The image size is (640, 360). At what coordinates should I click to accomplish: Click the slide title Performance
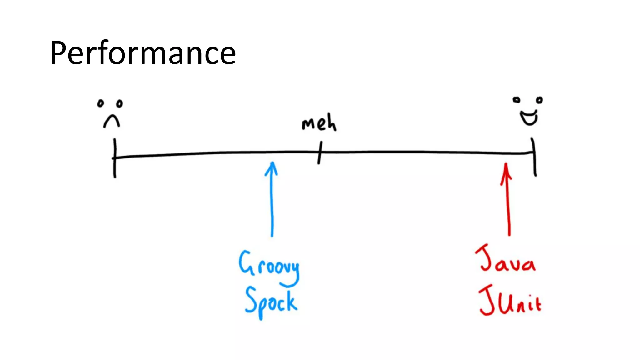click(x=143, y=53)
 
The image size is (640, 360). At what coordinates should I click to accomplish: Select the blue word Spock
click(x=271, y=302)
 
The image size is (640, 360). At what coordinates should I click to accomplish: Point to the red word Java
click(x=506, y=259)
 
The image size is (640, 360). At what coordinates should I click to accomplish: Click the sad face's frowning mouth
click(x=112, y=121)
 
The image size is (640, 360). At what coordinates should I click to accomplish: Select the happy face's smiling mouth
click(x=529, y=118)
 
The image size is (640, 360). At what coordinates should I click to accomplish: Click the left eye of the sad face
click(x=100, y=103)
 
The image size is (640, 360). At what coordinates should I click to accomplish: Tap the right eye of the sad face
click(x=119, y=103)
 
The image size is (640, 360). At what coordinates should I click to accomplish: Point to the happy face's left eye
click(x=517, y=100)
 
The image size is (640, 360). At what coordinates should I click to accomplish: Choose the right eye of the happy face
click(x=539, y=100)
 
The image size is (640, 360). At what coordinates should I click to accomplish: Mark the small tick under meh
click(x=320, y=152)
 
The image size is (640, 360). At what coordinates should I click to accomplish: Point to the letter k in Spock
click(x=292, y=302)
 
